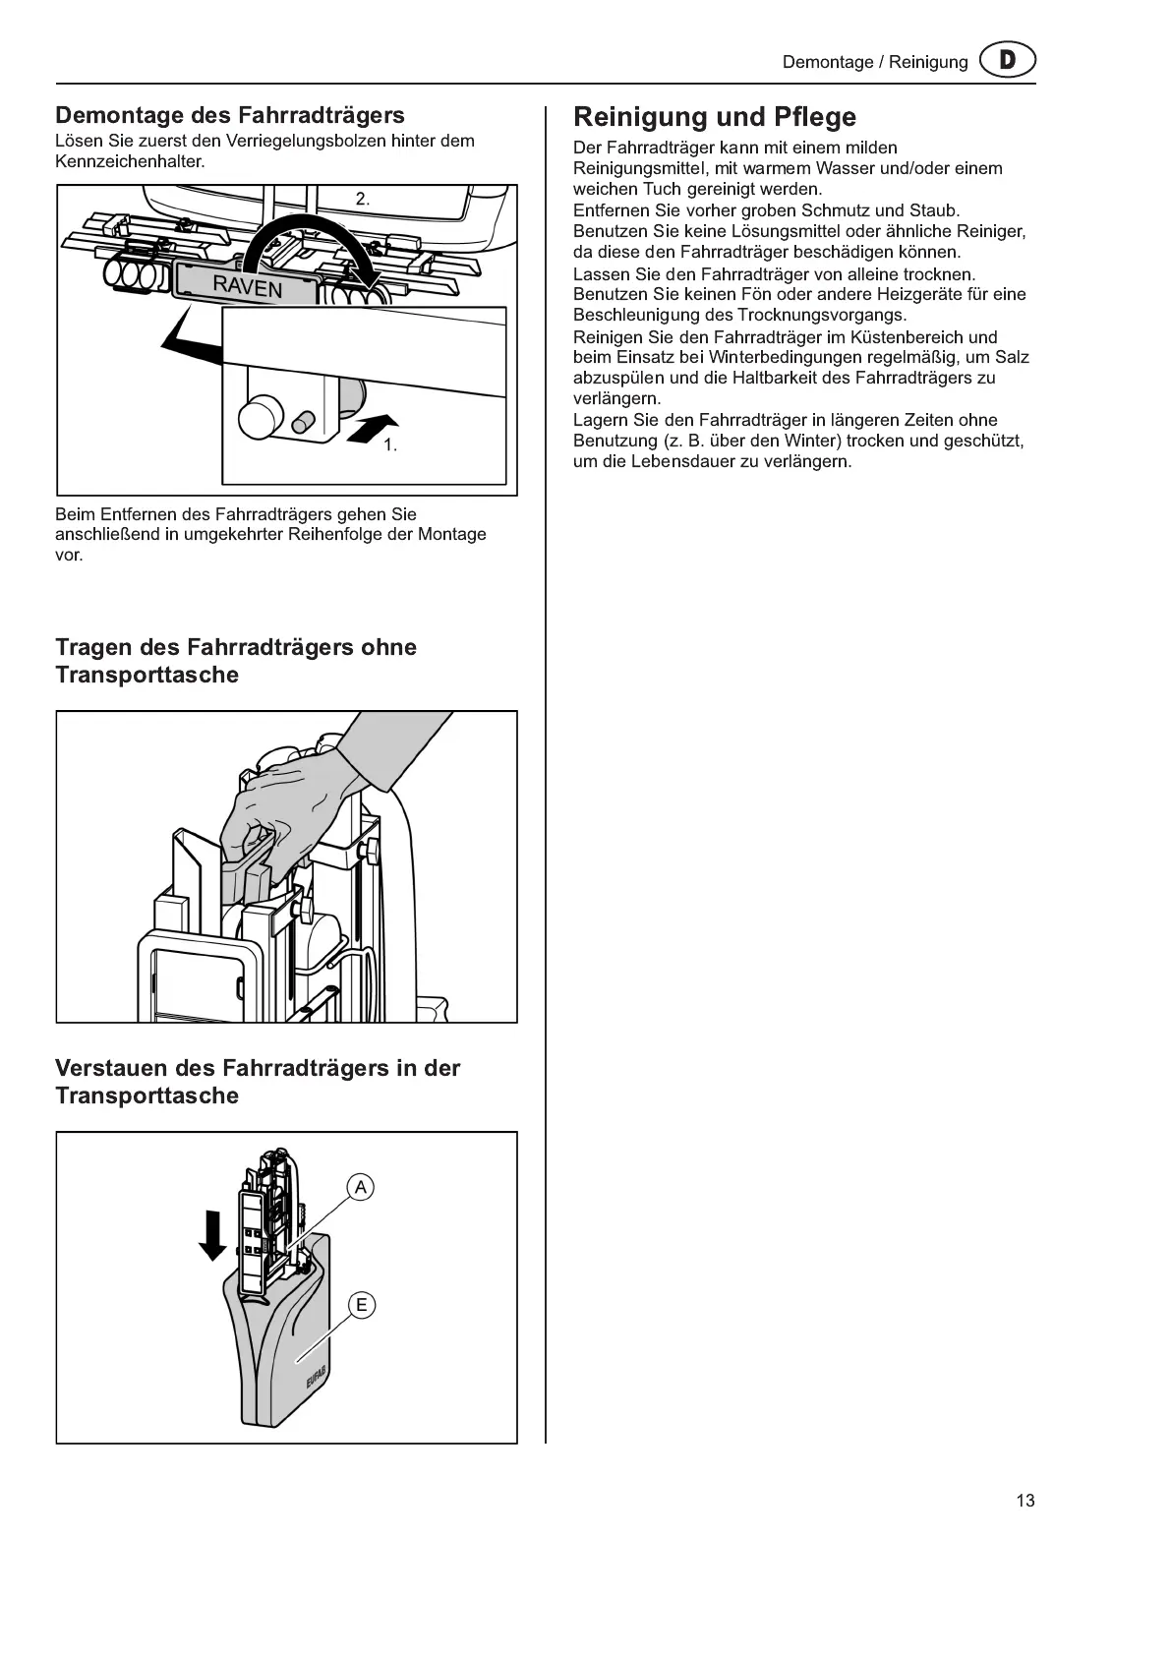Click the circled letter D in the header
click(x=1007, y=61)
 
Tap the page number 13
click(x=1025, y=1501)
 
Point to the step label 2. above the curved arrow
click(x=363, y=199)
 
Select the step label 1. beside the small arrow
click(x=390, y=445)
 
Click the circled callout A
click(x=361, y=1188)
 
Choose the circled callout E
click(x=362, y=1305)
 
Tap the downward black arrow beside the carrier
click(x=212, y=1235)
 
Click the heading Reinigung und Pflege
click(x=715, y=117)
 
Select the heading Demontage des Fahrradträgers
click(x=230, y=115)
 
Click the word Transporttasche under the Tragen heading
click(x=146, y=675)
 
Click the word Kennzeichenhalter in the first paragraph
click(x=129, y=161)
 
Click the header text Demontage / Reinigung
click(x=875, y=62)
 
